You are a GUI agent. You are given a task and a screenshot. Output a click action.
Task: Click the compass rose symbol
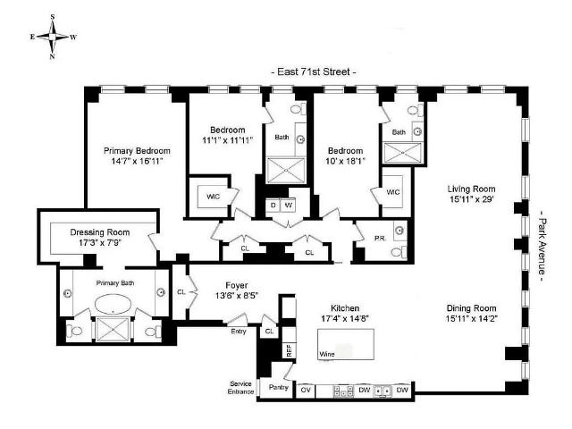coord(53,37)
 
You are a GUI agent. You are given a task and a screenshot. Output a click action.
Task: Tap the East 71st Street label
coord(314,71)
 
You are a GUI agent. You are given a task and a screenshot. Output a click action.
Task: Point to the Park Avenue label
coord(543,249)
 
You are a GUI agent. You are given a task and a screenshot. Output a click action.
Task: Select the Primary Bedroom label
coord(137,151)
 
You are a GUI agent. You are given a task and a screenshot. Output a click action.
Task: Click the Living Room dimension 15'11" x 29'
coord(471,199)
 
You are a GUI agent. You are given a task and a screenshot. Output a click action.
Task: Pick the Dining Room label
coord(471,307)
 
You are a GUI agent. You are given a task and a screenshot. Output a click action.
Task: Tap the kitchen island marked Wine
coord(346,344)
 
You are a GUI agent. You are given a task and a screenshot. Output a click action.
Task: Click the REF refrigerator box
coord(290,350)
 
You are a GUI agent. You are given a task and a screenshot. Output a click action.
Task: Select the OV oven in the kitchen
coord(306,390)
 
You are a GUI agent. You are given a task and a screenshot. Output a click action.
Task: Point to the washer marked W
coord(288,205)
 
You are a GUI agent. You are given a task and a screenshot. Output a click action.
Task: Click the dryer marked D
coord(273,205)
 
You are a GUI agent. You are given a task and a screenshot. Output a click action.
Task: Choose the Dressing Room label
coord(99,232)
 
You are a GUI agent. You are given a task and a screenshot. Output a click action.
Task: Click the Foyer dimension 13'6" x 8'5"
coord(237,296)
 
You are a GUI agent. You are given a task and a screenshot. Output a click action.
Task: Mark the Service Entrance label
coord(240,387)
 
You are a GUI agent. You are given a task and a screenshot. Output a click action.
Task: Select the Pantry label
coord(278,387)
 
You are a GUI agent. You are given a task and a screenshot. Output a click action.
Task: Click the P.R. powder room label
coord(380,239)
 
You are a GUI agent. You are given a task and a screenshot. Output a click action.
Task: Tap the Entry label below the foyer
coord(239,332)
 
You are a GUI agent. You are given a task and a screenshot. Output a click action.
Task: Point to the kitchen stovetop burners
coord(343,391)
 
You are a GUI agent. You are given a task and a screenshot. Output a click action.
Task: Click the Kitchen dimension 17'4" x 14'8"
coord(345,318)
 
